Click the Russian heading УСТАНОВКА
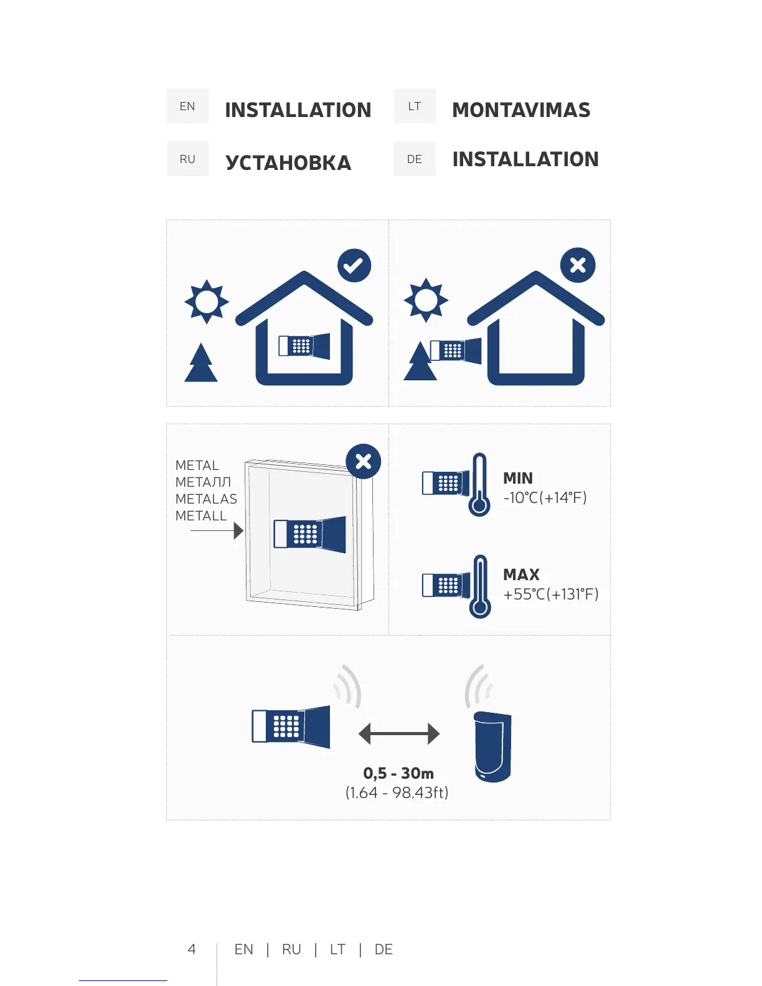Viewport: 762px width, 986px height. click(288, 162)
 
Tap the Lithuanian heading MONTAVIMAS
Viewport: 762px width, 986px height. click(521, 110)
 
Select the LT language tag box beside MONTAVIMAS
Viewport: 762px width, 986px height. click(415, 106)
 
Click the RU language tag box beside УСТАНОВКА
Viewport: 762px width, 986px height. click(187, 159)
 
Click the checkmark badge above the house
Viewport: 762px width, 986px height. click(354, 266)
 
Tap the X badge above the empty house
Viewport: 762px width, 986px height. click(578, 266)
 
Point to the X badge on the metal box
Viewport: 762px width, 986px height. click(364, 461)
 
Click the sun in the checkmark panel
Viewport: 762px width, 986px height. click(207, 302)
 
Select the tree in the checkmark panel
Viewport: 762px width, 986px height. click(201, 364)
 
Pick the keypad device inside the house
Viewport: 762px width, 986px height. click(304, 345)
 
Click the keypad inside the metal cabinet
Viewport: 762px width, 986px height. click(309, 534)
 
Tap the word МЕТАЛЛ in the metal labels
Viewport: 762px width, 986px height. click(203, 482)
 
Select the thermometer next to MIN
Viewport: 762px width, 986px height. click(479, 484)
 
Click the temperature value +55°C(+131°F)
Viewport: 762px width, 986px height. click(551, 594)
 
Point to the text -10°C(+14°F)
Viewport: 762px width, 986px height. click(545, 498)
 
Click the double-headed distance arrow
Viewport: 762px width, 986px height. click(399, 734)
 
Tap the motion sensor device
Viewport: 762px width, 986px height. click(492, 746)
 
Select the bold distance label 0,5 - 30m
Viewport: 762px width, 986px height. click(398, 774)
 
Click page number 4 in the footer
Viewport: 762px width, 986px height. click(192, 949)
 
